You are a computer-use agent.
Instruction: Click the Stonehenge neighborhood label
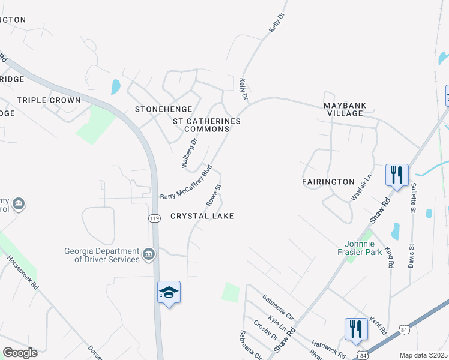tap(163, 109)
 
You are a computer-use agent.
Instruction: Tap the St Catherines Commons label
tap(206, 125)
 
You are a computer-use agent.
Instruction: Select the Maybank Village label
tap(344, 109)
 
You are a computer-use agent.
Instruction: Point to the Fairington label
tap(328, 181)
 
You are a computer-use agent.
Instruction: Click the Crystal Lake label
tap(202, 216)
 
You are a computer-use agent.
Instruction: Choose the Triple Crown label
tap(49, 100)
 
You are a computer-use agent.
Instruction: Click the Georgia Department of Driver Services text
tap(101, 255)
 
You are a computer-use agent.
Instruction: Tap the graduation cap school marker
tap(169, 292)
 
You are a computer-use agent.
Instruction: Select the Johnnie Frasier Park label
tap(363, 248)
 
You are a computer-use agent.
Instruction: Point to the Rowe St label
tap(214, 193)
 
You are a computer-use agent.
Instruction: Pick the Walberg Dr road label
tap(189, 154)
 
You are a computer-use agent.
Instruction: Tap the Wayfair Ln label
tap(361, 186)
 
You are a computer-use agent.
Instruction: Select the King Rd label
tap(390, 256)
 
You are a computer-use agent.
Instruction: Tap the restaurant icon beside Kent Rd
tap(355, 329)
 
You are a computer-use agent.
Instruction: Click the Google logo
tap(20, 353)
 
